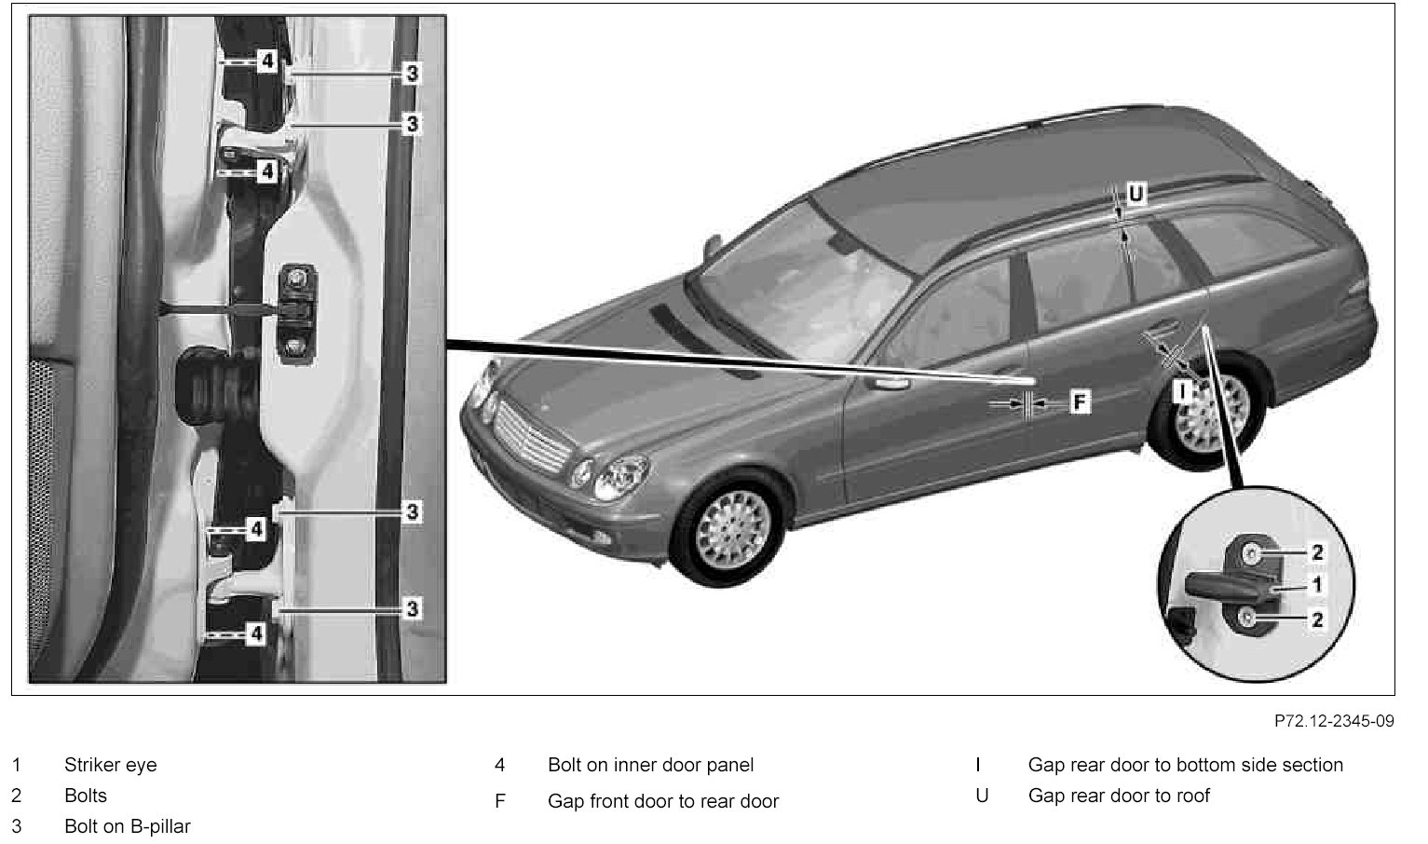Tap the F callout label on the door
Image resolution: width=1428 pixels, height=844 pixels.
(1079, 402)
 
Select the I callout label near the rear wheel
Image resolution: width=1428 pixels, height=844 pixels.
(1183, 390)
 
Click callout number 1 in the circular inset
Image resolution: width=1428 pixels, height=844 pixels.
(1316, 585)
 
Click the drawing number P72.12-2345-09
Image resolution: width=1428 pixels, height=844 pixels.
(1334, 722)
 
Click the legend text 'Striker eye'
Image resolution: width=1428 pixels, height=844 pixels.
(110, 766)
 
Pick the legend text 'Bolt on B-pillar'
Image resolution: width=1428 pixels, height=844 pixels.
(127, 826)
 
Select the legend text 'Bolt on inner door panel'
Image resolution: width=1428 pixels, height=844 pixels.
(650, 766)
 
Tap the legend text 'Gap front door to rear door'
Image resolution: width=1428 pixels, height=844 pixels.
(662, 801)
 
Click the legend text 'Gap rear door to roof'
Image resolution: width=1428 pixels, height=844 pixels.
(1119, 796)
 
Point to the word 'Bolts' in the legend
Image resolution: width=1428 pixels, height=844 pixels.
(86, 796)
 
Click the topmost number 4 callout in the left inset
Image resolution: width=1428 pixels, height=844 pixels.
(267, 61)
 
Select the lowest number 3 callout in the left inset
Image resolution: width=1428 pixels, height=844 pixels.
(413, 609)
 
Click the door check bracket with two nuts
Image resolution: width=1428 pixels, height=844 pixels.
(299, 311)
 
